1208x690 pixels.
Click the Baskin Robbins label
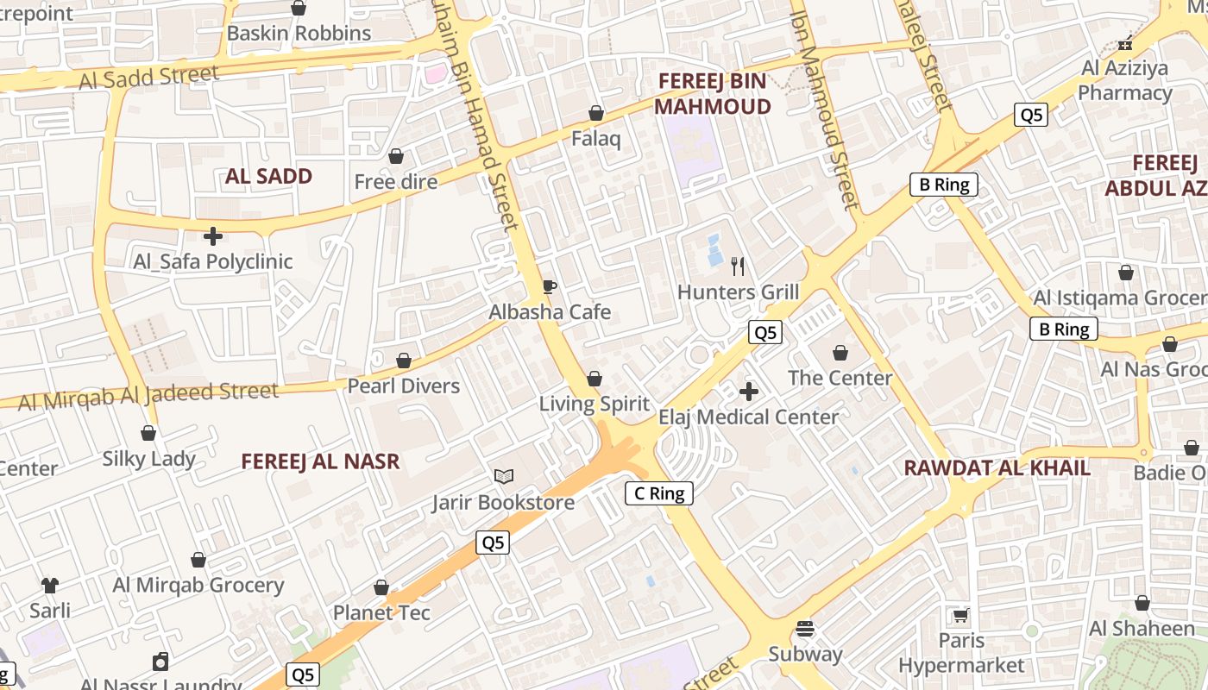tap(299, 34)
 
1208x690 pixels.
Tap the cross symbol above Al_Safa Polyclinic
tap(213, 235)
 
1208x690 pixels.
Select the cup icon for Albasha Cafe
tap(549, 286)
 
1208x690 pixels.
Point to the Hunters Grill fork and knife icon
tap(738, 266)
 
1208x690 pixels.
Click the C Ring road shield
tap(659, 493)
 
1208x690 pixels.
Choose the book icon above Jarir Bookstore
tap(504, 476)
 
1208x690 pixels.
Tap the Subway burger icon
tap(805, 629)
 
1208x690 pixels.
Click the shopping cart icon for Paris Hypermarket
tap(961, 616)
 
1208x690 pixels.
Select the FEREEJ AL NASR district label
tap(320, 461)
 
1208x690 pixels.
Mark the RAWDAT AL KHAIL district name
tap(997, 468)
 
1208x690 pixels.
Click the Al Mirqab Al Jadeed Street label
tap(148, 396)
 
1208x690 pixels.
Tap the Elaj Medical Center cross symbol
tap(749, 392)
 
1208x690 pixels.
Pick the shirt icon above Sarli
tap(50, 586)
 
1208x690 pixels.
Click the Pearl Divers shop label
tap(403, 386)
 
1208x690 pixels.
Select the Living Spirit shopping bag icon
tap(595, 379)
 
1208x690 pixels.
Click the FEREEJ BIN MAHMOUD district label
tap(713, 94)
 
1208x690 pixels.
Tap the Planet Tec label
tap(381, 612)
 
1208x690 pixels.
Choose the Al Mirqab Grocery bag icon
tap(198, 560)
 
